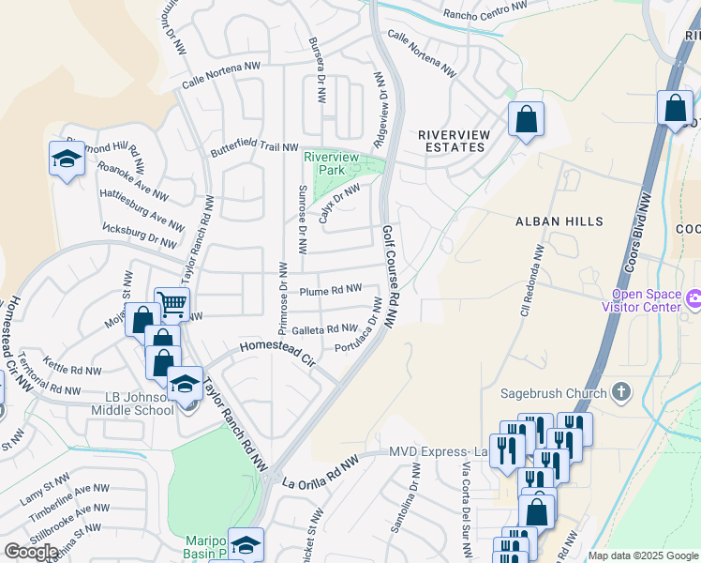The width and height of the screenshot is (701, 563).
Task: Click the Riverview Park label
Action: (x=332, y=162)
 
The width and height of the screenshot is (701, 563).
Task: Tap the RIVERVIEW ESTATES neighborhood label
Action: (x=454, y=142)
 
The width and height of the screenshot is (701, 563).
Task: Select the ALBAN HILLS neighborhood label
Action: (x=552, y=221)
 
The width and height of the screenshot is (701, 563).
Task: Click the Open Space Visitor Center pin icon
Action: (x=694, y=300)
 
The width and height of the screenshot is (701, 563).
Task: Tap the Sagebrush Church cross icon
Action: (x=620, y=390)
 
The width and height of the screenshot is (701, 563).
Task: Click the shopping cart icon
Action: (x=172, y=303)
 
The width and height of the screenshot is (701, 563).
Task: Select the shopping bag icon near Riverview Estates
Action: (x=526, y=119)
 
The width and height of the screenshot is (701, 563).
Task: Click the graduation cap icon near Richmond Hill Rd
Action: (x=67, y=159)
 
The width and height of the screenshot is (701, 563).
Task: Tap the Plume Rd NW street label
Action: (x=330, y=291)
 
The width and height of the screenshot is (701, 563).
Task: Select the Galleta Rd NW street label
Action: (x=324, y=329)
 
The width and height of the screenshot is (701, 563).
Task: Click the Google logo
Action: (x=32, y=552)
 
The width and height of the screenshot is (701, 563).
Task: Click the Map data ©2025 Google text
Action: (x=643, y=555)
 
